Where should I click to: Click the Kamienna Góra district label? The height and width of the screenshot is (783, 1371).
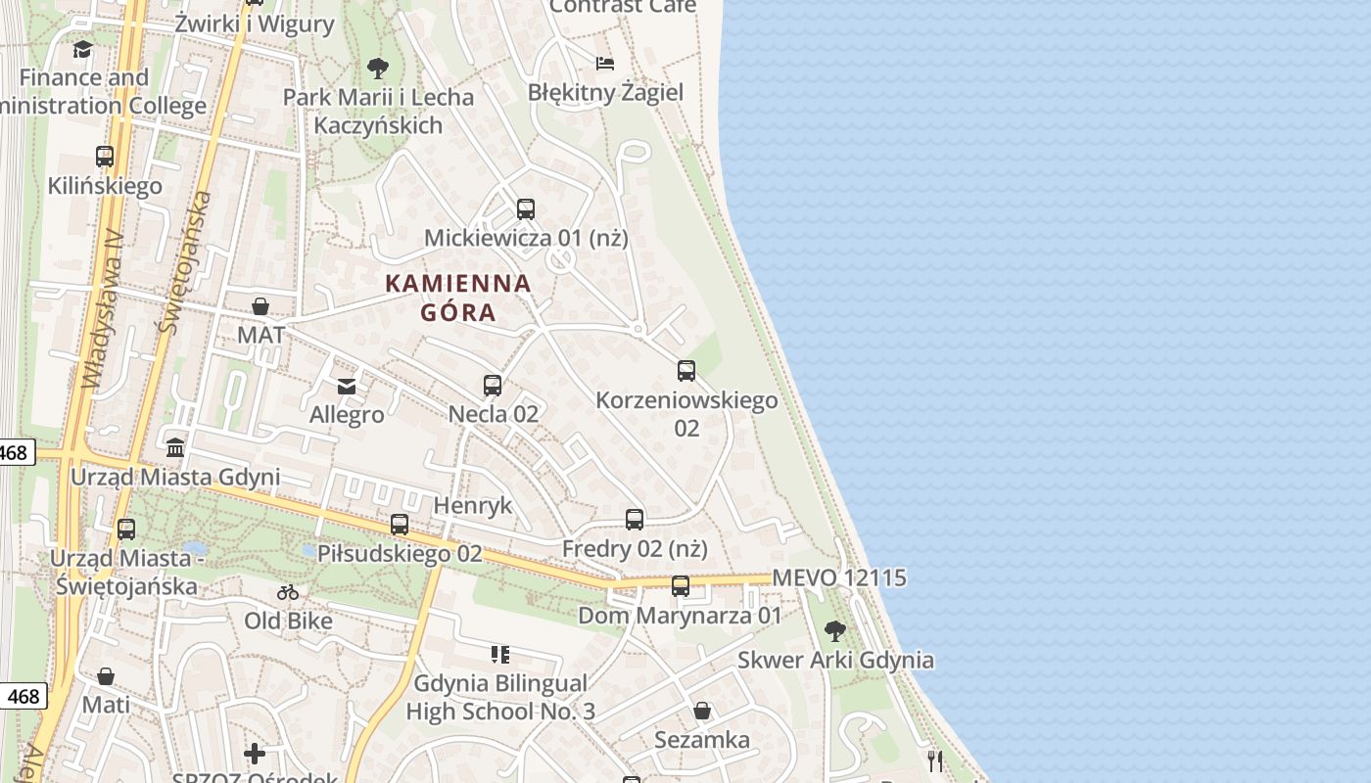coord(458,298)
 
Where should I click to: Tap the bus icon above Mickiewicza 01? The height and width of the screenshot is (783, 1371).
coord(526,208)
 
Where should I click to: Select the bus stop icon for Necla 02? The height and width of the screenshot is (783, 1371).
coord(493,386)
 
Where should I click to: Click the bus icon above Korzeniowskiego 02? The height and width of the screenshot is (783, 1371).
coord(686,371)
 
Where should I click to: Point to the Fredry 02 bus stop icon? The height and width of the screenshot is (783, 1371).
coord(635,520)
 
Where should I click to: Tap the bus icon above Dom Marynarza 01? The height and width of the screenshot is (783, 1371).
coord(681,586)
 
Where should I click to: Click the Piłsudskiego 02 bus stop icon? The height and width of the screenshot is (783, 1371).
coord(400,525)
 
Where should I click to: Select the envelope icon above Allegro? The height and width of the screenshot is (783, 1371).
coord(347,387)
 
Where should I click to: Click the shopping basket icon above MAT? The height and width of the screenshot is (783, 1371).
coord(260,306)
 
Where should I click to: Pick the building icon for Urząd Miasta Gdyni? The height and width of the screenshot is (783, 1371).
coord(175,448)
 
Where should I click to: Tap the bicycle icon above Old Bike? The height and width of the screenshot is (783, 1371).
coord(288,592)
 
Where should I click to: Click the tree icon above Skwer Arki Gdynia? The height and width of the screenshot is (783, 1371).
coord(835,631)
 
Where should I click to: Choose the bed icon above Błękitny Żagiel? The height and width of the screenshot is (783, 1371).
coord(605,64)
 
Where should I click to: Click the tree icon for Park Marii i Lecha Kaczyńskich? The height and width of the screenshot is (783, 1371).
coord(377,69)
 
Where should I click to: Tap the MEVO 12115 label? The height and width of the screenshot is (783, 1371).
coord(839,577)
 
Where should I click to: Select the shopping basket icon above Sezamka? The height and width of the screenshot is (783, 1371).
coord(702,711)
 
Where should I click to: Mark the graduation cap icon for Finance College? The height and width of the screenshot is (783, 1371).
coord(83,49)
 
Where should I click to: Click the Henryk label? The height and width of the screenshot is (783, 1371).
coord(472,505)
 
